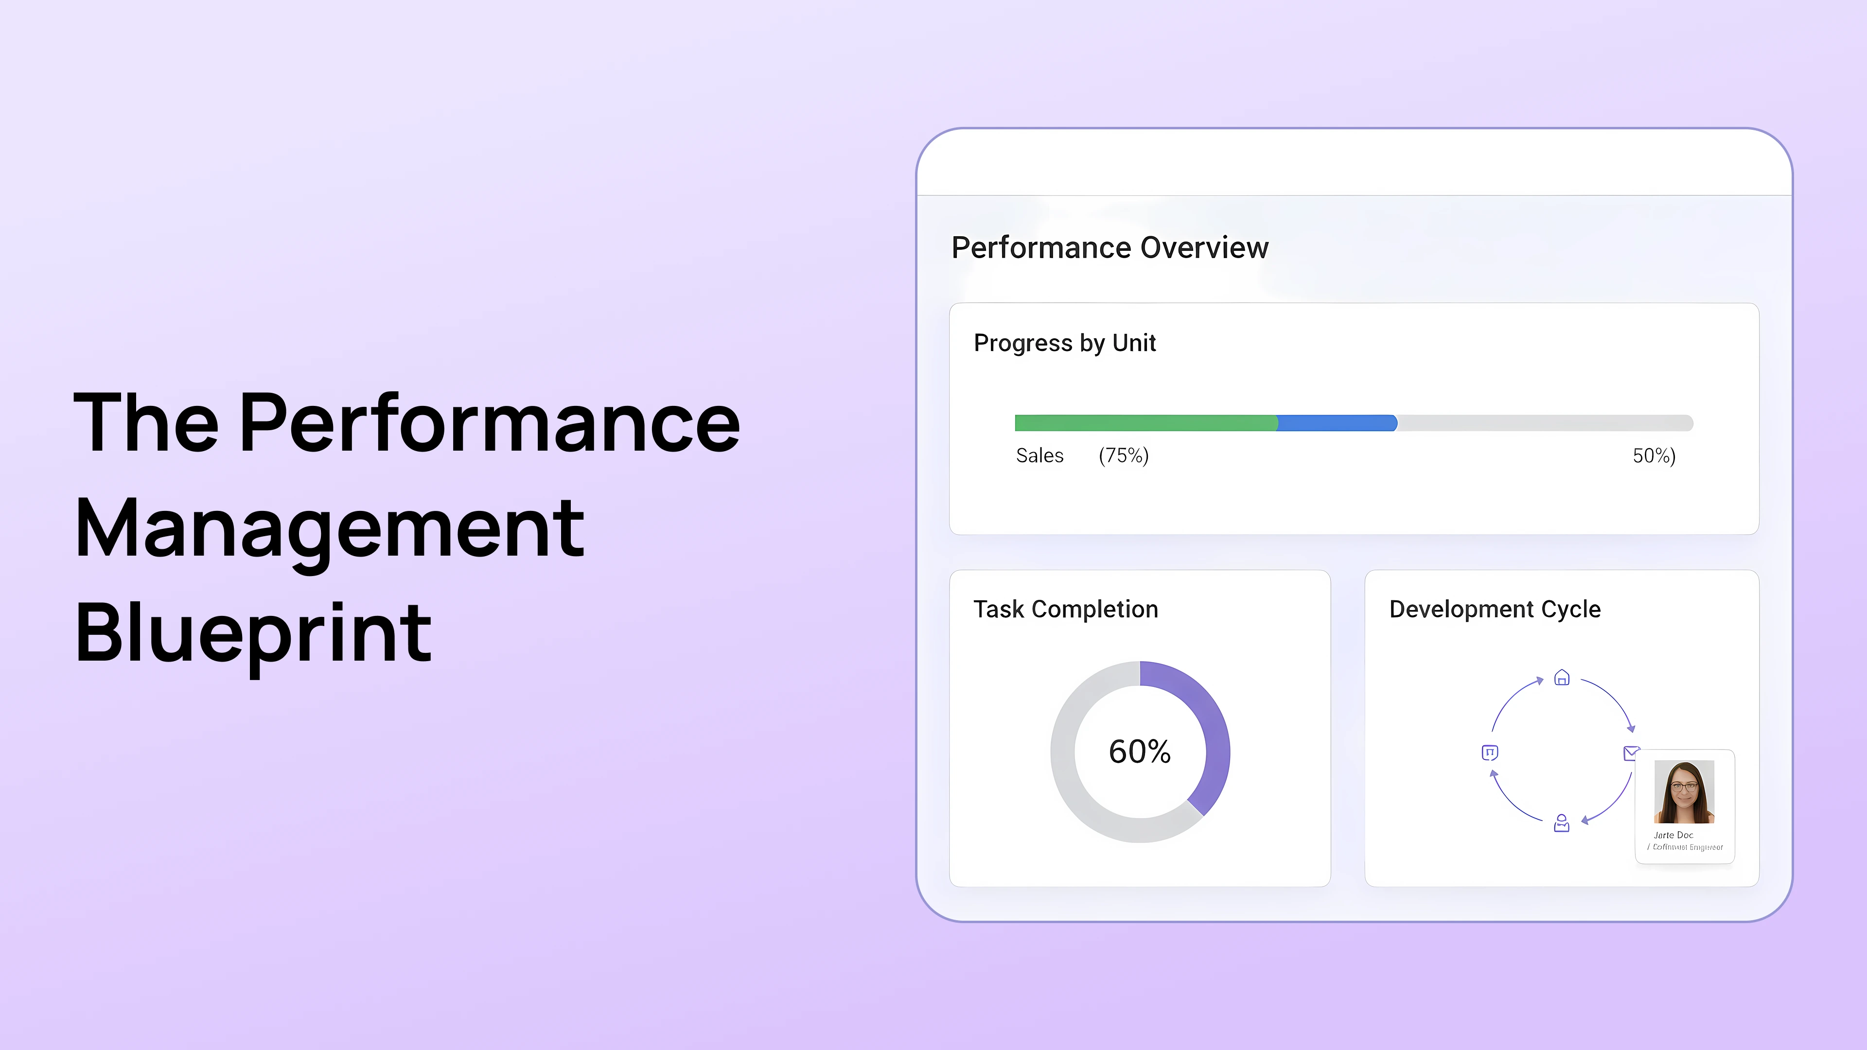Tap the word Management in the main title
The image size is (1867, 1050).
tap(329, 528)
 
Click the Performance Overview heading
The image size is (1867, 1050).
tap(1110, 248)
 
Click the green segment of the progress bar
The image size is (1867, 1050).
tap(1145, 423)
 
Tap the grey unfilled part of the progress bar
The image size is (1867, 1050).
tap(1544, 423)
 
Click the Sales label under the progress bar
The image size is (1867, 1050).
tap(1039, 456)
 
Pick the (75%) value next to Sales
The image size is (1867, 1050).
tap(1124, 456)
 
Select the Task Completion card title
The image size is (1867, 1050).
tap(1065, 610)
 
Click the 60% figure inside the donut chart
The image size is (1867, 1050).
tap(1139, 752)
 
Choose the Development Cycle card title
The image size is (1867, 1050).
tap(1495, 610)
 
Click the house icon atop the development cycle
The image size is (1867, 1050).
tap(1562, 678)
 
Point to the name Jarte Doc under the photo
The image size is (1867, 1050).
tap(1673, 835)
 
